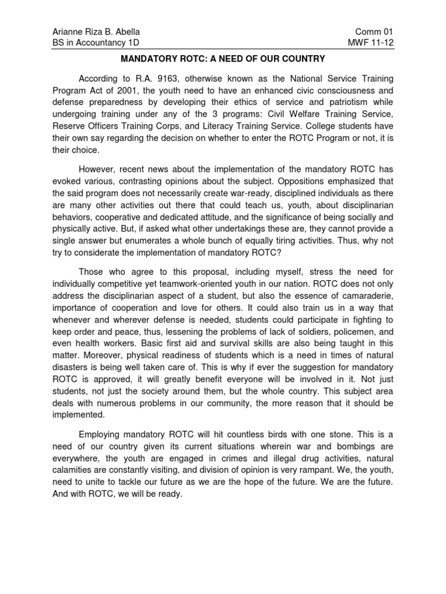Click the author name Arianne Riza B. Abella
[x=96, y=31]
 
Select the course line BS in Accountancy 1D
[x=96, y=42]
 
